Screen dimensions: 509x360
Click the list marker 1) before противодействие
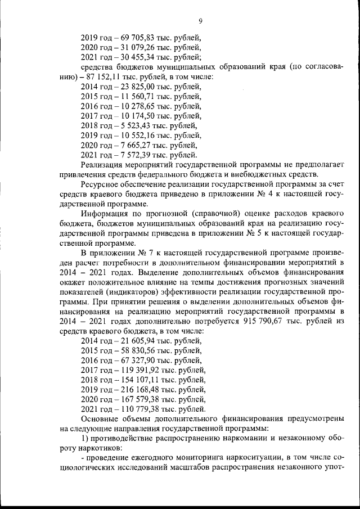(x=84, y=438)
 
